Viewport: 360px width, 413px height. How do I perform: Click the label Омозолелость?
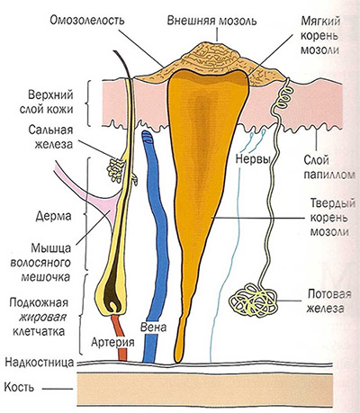pos(87,21)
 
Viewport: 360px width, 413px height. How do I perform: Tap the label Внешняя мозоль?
pos(211,22)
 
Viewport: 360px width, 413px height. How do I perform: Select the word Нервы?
pos(253,158)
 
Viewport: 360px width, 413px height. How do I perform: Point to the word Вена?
pos(153,327)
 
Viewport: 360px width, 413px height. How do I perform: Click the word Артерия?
pos(112,342)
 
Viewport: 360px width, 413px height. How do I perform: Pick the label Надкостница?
pos(40,363)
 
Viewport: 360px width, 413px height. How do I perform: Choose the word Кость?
pos(19,387)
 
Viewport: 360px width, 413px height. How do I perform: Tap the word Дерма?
pos(54,216)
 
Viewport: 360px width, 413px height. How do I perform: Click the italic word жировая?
pos(42,318)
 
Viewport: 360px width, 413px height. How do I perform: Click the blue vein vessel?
pos(156,240)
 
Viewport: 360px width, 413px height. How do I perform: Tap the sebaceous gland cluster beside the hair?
pos(116,170)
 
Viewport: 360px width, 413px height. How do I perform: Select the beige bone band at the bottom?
pos(205,390)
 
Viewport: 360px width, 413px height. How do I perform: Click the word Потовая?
pos(329,294)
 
